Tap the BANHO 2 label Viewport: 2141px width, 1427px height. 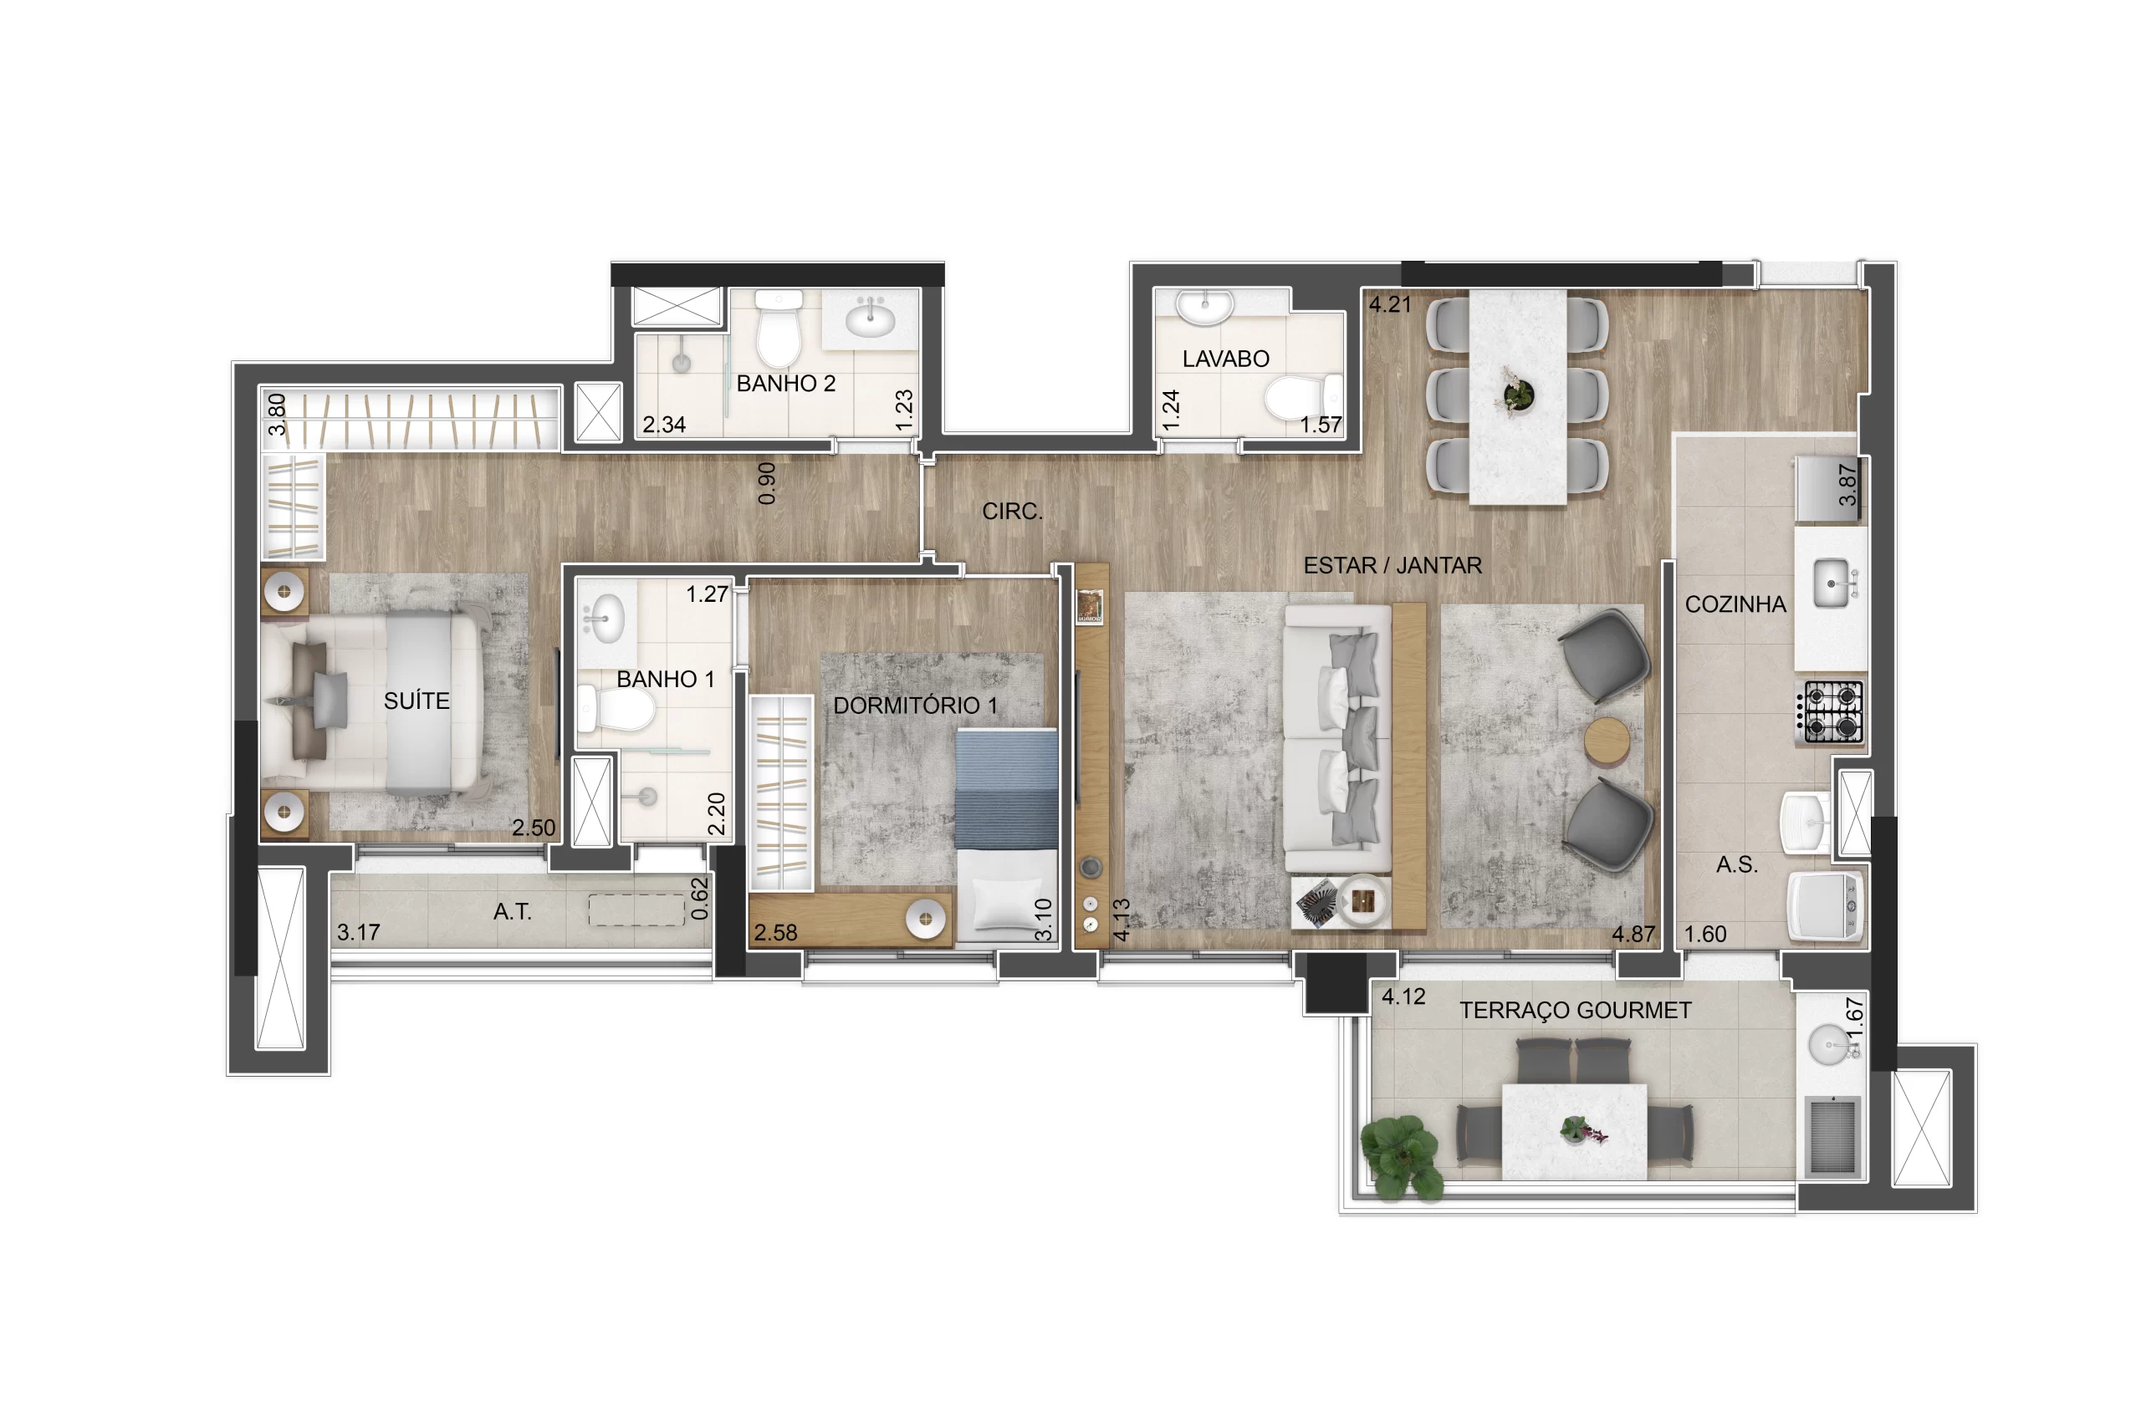(785, 383)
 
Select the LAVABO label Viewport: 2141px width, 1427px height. (1225, 359)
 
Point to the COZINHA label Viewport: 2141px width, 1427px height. (1735, 604)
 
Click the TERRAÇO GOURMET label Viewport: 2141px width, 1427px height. (1575, 1010)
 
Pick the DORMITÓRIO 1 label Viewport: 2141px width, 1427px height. (915, 706)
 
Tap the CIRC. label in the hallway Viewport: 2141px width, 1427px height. (1012, 512)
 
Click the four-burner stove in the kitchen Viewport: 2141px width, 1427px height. (1830, 711)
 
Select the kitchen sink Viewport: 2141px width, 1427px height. (1832, 583)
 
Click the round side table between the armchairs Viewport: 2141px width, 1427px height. (1607, 742)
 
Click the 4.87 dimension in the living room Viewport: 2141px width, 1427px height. (1633, 934)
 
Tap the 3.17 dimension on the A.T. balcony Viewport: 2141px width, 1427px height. (358, 932)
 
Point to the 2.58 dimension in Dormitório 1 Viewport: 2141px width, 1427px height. (774, 933)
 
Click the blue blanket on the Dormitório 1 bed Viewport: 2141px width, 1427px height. (1006, 788)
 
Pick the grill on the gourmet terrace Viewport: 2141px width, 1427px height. (1832, 1135)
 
